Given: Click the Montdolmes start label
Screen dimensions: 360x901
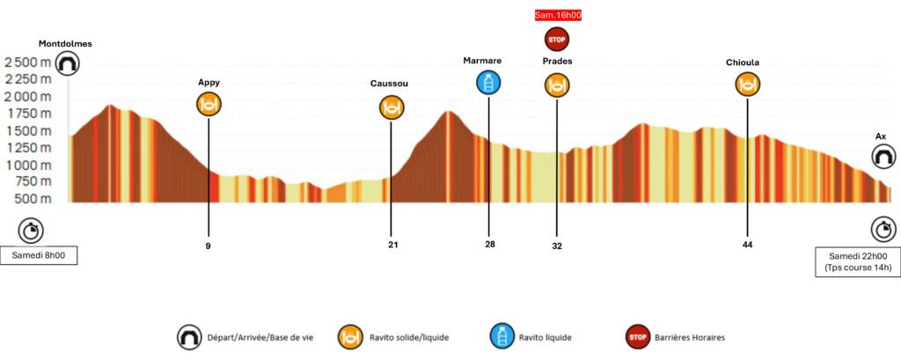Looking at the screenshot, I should (x=66, y=43).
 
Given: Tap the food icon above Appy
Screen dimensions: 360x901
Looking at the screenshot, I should (x=209, y=104).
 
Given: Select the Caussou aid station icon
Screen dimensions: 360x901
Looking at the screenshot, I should (x=391, y=107).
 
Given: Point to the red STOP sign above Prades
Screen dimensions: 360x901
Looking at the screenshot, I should (x=557, y=39).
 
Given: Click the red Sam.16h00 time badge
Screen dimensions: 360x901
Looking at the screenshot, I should (x=558, y=14).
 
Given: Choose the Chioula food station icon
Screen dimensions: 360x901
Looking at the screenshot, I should (x=747, y=84).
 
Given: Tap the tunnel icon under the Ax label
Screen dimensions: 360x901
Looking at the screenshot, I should (x=882, y=157).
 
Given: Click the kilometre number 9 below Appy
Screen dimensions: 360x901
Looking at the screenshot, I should (x=209, y=246).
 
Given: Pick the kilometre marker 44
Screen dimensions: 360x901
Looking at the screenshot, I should (x=747, y=245).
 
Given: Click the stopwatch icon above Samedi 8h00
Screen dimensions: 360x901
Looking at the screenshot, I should (x=32, y=231).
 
